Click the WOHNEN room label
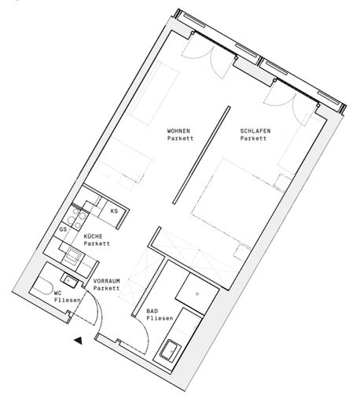click(178, 130)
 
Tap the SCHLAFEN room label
click(255, 130)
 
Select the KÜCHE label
click(93, 236)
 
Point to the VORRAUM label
click(107, 281)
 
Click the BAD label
click(152, 311)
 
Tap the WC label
click(57, 293)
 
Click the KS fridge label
click(114, 211)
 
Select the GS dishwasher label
click(63, 229)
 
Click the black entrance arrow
click(79, 341)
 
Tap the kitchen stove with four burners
click(76, 219)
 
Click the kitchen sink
click(73, 255)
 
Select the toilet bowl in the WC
click(42, 287)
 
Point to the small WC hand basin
click(69, 280)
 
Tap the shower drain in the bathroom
click(197, 294)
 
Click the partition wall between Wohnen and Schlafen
click(201, 155)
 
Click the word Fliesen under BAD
click(160, 319)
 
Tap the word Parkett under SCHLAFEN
click(253, 138)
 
